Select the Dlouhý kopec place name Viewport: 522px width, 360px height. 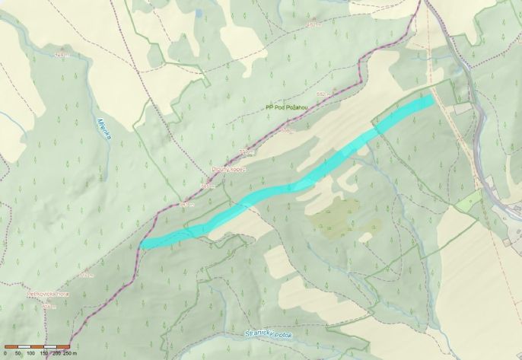(229, 170)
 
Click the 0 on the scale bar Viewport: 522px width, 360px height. (5, 354)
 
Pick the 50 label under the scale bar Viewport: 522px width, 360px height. (18, 354)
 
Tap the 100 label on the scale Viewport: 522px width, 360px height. (30, 354)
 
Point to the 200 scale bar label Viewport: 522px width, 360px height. (56, 354)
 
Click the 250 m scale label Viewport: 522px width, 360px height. (70, 354)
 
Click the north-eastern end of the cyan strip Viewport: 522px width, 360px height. (430, 100)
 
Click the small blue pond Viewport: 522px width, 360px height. (199, 13)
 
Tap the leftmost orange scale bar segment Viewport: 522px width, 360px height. (11, 347)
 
